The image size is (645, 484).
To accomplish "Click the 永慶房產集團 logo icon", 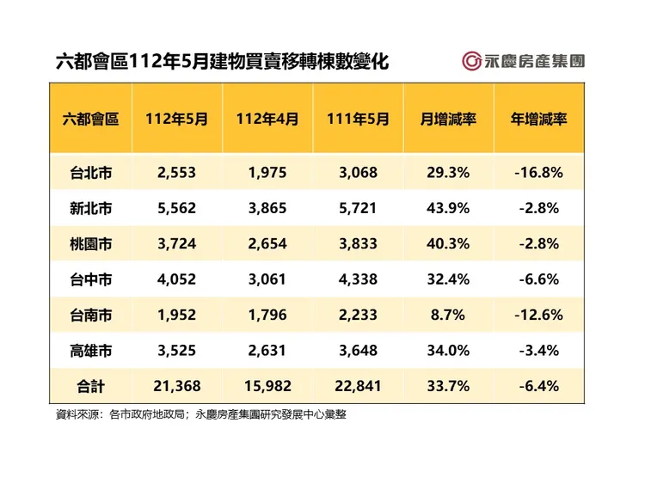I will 470,61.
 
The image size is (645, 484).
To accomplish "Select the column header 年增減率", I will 538,119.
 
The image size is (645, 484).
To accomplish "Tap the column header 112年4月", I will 267,119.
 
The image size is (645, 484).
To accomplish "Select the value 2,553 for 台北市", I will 177,172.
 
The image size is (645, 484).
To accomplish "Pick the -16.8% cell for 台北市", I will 538,172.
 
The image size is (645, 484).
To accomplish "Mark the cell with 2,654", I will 267,243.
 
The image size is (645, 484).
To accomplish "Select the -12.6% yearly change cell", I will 538,315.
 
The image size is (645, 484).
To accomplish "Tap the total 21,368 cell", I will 177,385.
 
